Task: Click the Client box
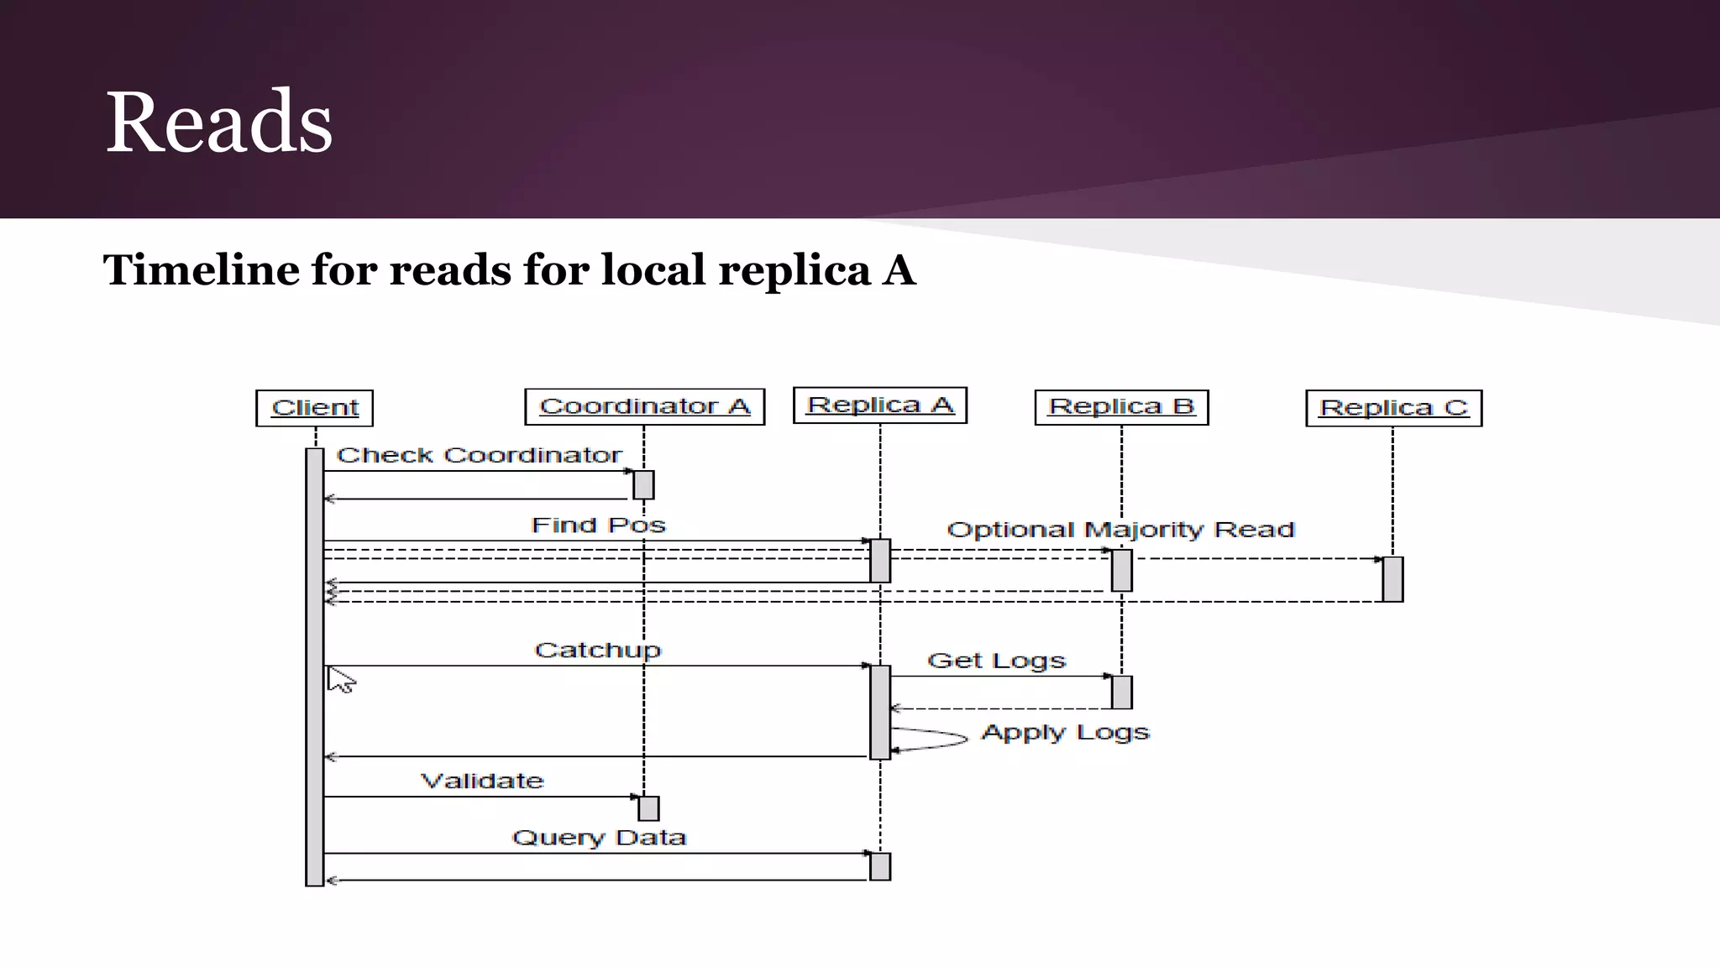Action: coord(314,408)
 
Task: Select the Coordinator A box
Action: coord(644,406)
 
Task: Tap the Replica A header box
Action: coord(879,405)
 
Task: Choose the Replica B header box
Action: coord(1121,407)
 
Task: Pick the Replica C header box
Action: coord(1393,408)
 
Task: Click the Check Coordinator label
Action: coord(479,455)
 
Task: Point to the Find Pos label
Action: coord(598,525)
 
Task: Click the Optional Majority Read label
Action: coord(1120,530)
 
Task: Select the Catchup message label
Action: coord(597,651)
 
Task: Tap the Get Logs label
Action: coord(996,661)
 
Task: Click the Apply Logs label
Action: coord(1065,733)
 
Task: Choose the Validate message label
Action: coord(482,781)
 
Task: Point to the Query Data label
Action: coord(599,838)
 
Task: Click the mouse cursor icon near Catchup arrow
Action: coord(340,680)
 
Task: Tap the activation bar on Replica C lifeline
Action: coord(1392,579)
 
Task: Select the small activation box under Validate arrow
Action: coord(648,808)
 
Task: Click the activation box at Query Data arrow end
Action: coord(879,866)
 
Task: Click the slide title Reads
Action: coord(219,123)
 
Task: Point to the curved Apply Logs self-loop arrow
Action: coord(932,740)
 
